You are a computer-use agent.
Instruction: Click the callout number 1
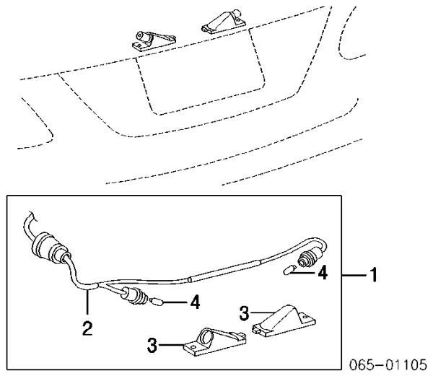click(374, 275)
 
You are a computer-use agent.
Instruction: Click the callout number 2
click(87, 328)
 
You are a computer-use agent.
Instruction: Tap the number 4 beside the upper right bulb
click(323, 273)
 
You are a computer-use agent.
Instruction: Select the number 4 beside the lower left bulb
click(195, 302)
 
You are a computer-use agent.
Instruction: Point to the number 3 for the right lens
click(245, 313)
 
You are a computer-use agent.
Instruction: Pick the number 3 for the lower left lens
click(152, 345)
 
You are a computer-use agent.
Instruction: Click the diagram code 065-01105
click(388, 364)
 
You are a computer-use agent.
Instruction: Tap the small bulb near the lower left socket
click(157, 302)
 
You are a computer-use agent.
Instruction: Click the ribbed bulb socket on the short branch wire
click(134, 296)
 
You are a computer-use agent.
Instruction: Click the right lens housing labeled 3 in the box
click(284, 321)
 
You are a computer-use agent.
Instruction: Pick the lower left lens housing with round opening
click(215, 341)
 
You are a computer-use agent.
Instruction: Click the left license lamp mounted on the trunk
click(153, 40)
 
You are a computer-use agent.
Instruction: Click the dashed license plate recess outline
click(200, 71)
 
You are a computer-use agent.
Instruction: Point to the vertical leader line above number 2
click(87, 302)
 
